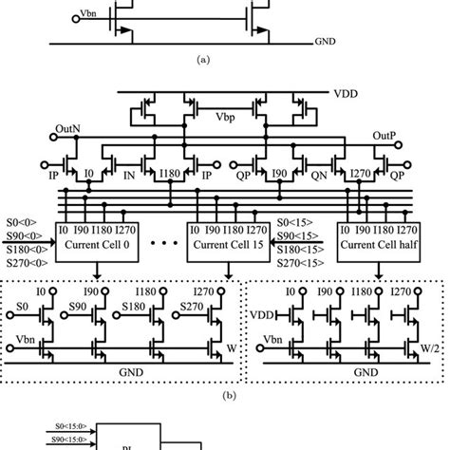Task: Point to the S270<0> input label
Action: click(22, 261)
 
